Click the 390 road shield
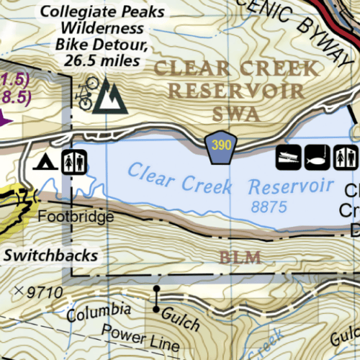[222, 145]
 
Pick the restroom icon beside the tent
[74, 161]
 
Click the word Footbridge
[76, 217]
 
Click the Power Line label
[136, 336]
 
